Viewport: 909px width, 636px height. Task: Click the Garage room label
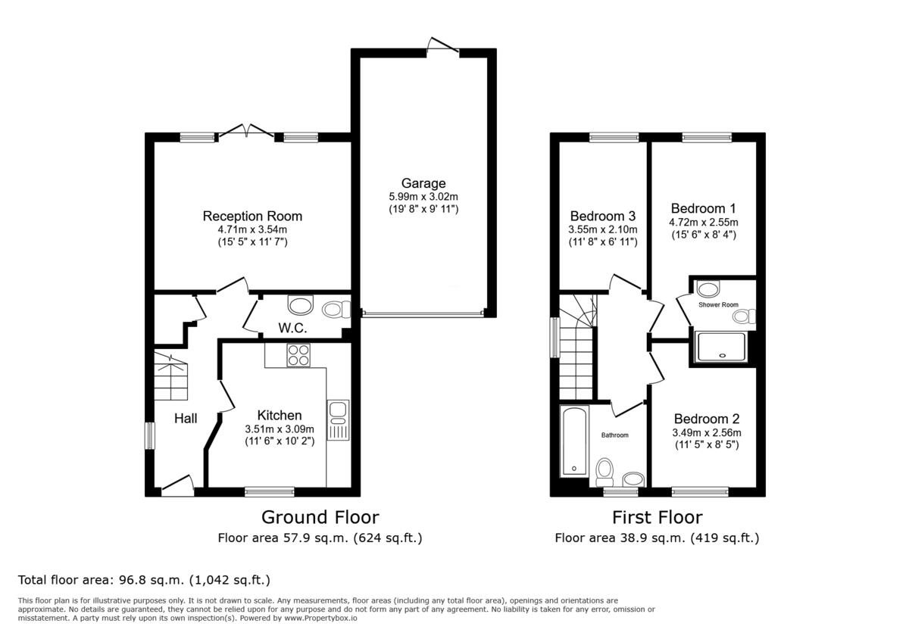coord(423,182)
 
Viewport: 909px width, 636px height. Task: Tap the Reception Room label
coord(252,216)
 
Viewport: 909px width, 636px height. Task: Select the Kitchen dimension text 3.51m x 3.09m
coord(280,429)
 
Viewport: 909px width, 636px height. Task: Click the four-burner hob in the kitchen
coord(298,355)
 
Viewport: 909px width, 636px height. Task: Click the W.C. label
coord(292,328)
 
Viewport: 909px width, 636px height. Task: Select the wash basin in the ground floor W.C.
coord(301,305)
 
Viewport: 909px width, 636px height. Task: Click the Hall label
coord(186,418)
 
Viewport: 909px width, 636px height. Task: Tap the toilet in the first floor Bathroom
coord(604,471)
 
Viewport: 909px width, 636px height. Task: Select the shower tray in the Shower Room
coord(720,347)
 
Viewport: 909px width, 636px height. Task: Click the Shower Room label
coord(718,304)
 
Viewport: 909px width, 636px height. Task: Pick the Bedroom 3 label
coord(603,216)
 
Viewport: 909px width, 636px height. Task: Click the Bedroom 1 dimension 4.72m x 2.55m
coord(703,222)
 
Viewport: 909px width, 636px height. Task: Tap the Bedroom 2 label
coord(706,419)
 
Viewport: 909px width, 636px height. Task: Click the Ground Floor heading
coord(320,517)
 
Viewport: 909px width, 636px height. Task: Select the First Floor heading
coord(657,517)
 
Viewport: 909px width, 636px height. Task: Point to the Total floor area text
coord(144,580)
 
